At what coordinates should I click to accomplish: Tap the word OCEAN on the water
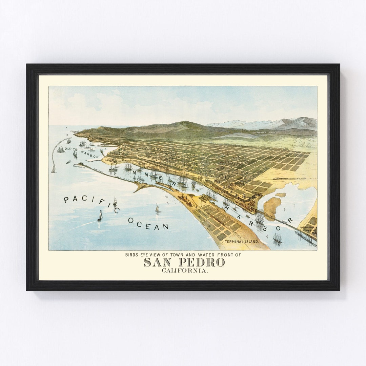point(148,224)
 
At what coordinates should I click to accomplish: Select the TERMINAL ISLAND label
point(242,242)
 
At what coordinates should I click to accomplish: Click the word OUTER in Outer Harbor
point(71,149)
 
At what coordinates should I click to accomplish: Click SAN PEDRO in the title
point(184,262)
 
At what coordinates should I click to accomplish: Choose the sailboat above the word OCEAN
point(157,208)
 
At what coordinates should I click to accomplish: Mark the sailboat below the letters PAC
point(100,216)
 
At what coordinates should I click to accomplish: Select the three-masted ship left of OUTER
point(61,149)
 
